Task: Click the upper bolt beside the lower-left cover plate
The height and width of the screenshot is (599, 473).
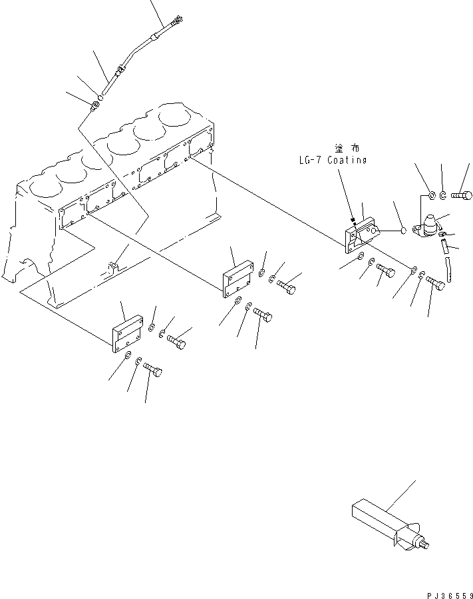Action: pyautogui.click(x=176, y=342)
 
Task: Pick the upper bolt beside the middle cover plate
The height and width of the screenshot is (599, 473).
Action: pyautogui.click(x=287, y=288)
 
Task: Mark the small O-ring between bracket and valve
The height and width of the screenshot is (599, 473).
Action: pyautogui.click(x=402, y=231)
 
